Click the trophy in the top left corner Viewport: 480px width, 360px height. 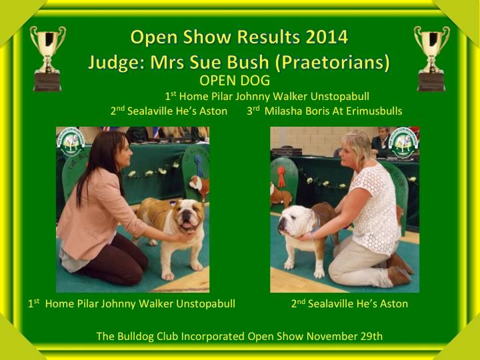[48, 59]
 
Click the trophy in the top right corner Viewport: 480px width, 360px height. [431, 59]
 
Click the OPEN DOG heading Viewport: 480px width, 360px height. [235, 81]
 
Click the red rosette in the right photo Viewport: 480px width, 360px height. [281, 176]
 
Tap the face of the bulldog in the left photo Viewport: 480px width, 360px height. [188, 216]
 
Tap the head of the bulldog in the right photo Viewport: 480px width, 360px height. [295, 221]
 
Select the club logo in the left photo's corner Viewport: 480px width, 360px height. [71, 142]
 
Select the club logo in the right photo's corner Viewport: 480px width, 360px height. [403, 143]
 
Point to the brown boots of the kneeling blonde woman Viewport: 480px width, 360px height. [399, 269]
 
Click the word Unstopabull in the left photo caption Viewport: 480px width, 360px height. [205, 304]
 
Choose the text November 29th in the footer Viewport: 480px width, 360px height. [345, 336]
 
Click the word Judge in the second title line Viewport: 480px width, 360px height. [116, 63]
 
